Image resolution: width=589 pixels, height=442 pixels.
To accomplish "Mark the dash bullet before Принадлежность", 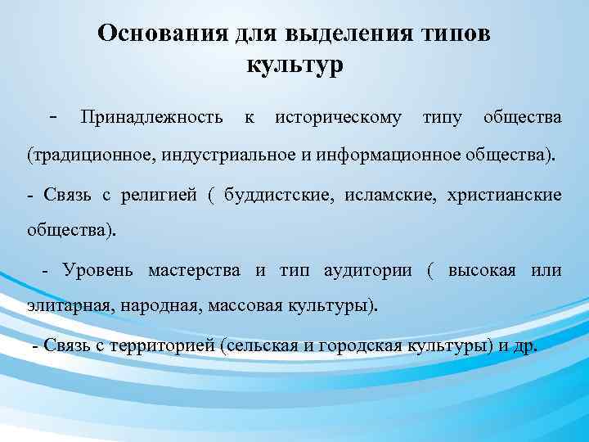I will pyautogui.click(x=52, y=117).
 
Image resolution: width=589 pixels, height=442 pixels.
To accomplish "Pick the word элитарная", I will pyautogui.click(x=70, y=307).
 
